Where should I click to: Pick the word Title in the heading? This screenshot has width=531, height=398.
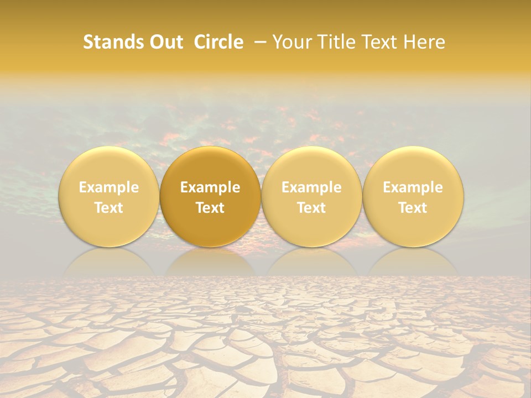coord(337,42)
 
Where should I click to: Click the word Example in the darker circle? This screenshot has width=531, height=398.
coord(210,187)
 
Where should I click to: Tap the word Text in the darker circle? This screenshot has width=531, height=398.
coord(210,208)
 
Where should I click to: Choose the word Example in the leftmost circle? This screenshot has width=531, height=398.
coord(109,187)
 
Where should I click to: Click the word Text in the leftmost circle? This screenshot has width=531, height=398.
coord(109,208)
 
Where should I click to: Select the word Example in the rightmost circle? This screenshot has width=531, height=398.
coord(413,187)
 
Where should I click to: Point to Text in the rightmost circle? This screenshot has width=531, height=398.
coord(413,208)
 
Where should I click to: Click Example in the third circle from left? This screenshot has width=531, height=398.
coord(311,187)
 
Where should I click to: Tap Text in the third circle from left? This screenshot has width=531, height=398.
coord(311,208)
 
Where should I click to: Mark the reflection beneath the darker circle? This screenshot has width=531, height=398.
coord(210,263)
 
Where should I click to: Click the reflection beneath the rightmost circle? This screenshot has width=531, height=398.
coord(413,263)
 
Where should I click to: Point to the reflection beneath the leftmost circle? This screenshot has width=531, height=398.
coord(109,263)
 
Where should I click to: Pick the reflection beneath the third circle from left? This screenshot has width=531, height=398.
coord(311,263)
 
